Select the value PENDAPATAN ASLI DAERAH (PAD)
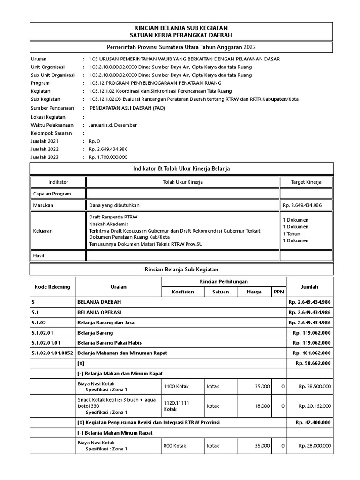click(127, 107)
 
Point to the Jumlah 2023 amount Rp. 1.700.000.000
click(108, 157)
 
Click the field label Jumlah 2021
click(45, 141)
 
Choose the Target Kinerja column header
click(306, 182)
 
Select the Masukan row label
click(43, 205)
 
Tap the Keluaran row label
click(43, 231)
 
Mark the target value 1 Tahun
click(292, 233)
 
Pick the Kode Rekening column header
click(52, 287)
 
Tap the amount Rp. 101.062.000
click(312, 352)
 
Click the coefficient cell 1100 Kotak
click(176, 386)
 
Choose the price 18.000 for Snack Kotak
click(262, 406)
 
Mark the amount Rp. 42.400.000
click(313, 422)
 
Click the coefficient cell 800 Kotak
click(175, 446)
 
